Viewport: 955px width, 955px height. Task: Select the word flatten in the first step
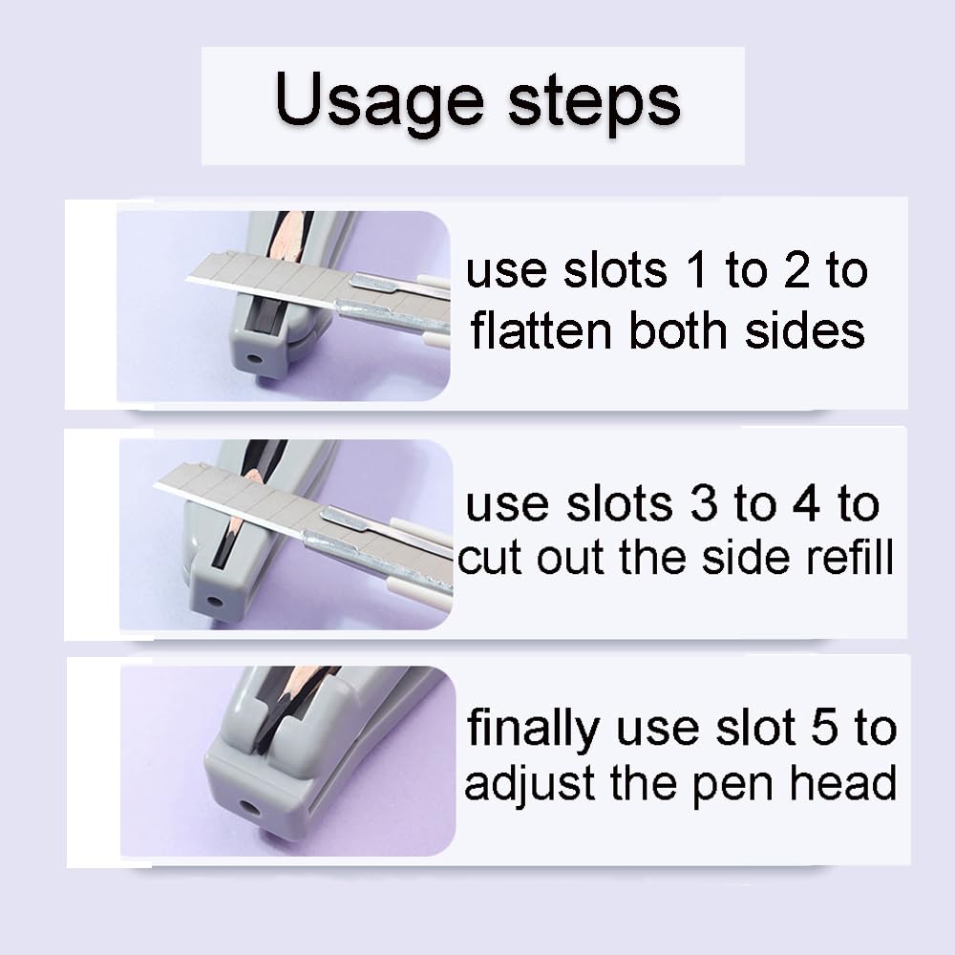click(x=541, y=330)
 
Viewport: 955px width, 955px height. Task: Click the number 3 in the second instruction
click(x=703, y=505)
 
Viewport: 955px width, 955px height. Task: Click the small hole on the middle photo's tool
click(x=212, y=603)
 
